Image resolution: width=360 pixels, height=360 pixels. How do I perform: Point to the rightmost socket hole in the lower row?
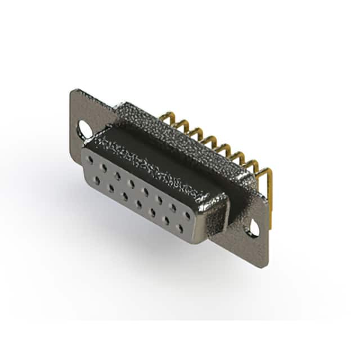pyautogui.click(x=180, y=228)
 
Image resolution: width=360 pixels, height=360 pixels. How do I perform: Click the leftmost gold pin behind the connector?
pyautogui.click(x=165, y=118)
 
